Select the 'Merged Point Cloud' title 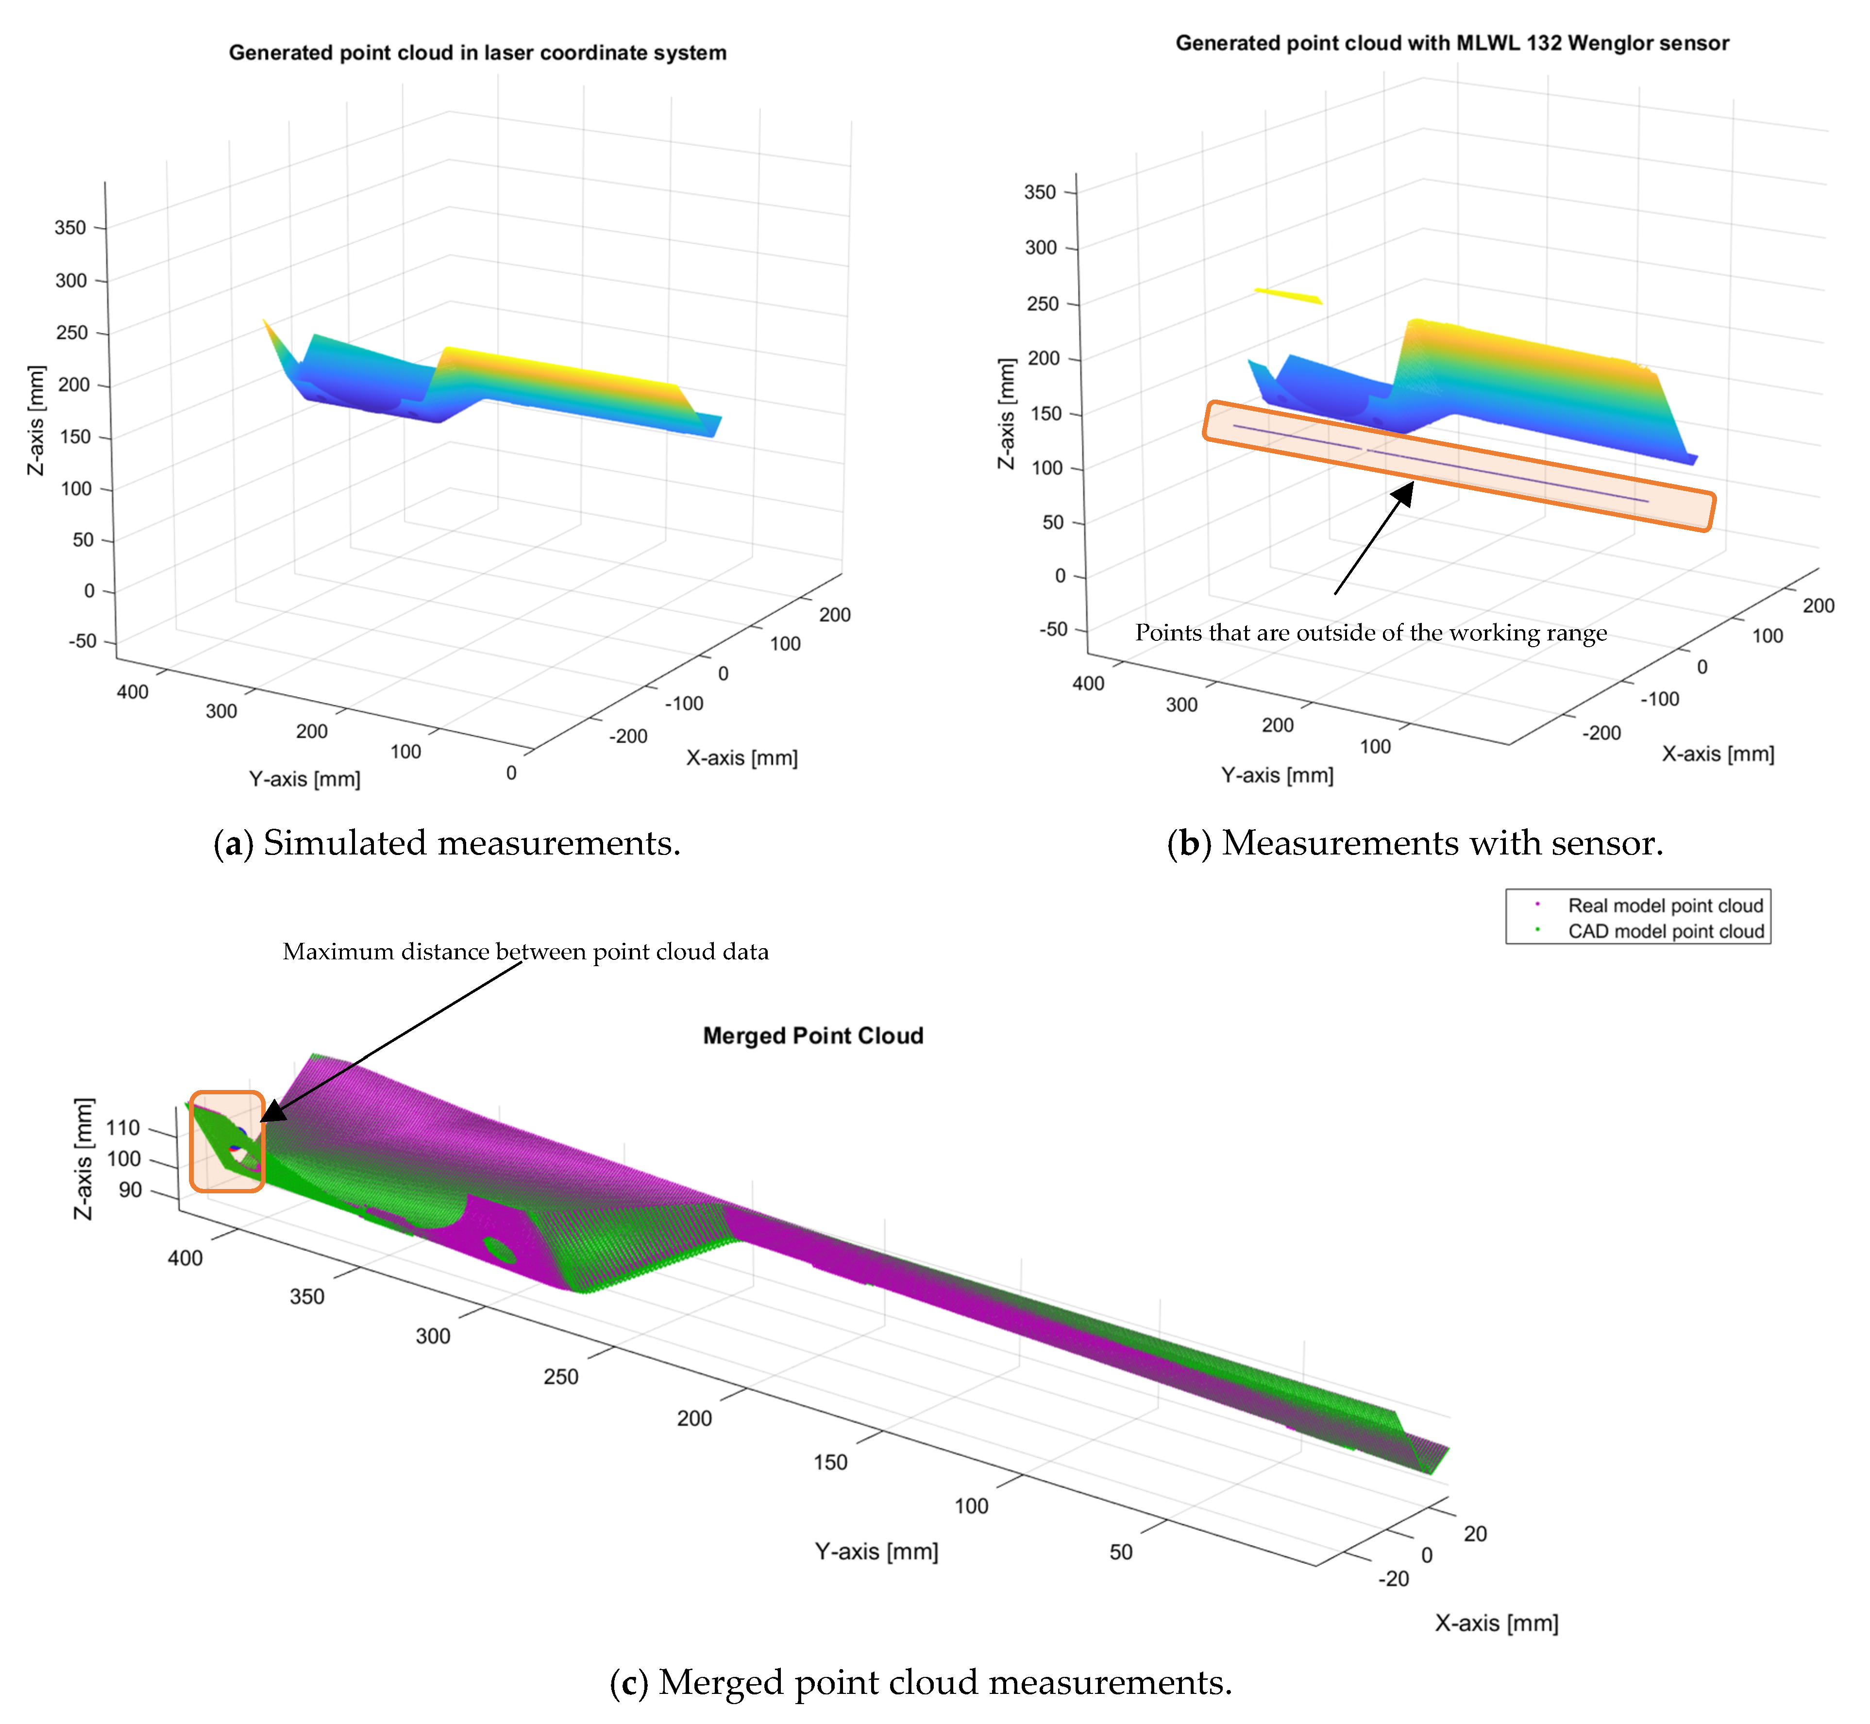coord(813,1036)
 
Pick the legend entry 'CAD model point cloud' coord(1665,931)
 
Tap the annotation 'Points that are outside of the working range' coord(1370,633)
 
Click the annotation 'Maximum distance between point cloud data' coord(525,952)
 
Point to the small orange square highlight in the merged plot coord(227,1141)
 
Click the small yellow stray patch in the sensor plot coord(1288,296)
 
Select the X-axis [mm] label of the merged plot coord(1496,1623)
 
